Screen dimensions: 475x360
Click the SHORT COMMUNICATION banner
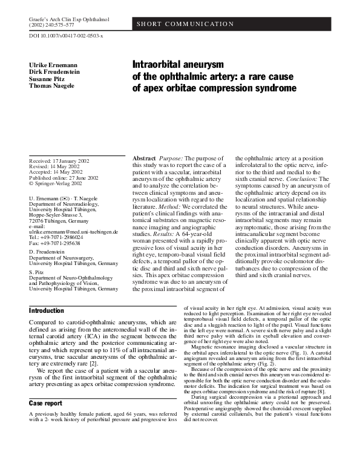pos(185,24)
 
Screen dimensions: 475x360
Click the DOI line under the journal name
pos(66,37)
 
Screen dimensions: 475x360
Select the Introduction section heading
pos(47,310)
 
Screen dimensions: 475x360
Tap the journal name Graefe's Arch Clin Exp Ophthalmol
pos(69,20)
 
